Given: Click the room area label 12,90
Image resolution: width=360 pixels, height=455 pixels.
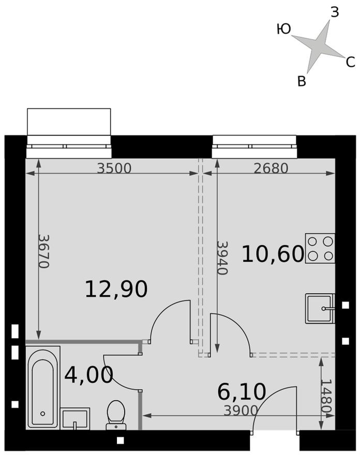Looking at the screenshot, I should [116, 289].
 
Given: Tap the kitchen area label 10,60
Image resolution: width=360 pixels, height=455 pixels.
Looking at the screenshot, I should [273, 254].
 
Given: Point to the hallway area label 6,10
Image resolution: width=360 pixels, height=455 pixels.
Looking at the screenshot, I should [242, 392].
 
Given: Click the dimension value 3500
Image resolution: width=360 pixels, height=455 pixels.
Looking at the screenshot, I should [114, 168].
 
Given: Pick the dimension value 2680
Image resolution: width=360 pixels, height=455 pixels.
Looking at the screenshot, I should [271, 168].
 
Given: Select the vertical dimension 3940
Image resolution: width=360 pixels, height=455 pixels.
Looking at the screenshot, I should [222, 257].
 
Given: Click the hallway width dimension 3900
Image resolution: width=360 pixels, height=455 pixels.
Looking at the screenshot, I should [241, 411].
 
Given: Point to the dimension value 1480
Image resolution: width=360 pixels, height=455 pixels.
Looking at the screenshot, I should [325, 396].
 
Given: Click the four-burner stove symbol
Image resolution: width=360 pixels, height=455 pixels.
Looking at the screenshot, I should [320, 248].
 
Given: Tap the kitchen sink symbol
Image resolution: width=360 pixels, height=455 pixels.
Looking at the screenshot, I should [320, 308].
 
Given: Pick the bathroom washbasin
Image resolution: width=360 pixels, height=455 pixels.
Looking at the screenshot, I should [75, 418].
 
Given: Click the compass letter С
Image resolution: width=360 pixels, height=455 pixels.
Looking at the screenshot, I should [350, 63].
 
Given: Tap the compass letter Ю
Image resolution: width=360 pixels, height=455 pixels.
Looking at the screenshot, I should [283, 29].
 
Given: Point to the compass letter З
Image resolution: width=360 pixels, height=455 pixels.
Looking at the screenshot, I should [334, 12].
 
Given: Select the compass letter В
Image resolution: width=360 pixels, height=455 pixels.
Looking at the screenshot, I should [302, 81].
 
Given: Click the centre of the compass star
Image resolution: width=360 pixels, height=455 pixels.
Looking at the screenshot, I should [318, 46].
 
